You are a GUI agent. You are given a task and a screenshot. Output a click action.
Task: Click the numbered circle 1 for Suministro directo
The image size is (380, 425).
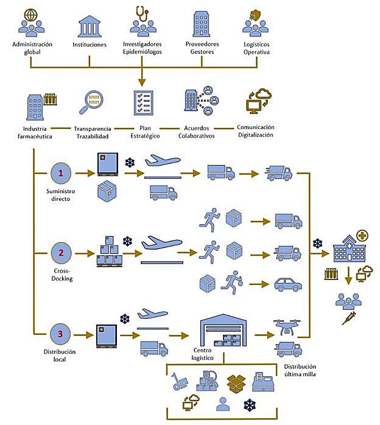(60, 174)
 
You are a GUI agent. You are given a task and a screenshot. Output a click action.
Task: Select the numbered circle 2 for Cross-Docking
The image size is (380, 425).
(60, 251)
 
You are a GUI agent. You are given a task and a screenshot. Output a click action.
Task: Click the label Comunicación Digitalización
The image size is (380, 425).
(255, 131)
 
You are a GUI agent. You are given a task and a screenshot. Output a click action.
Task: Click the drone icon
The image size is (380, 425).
(286, 328)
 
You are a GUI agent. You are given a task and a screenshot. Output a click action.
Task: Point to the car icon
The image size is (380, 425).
(288, 284)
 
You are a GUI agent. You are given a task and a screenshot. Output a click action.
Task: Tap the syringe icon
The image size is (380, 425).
(348, 318)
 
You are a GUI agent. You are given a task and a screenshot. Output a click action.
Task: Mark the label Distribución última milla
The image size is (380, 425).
(300, 370)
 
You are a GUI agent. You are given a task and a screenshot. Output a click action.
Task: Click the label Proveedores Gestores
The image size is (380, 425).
(202, 48)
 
